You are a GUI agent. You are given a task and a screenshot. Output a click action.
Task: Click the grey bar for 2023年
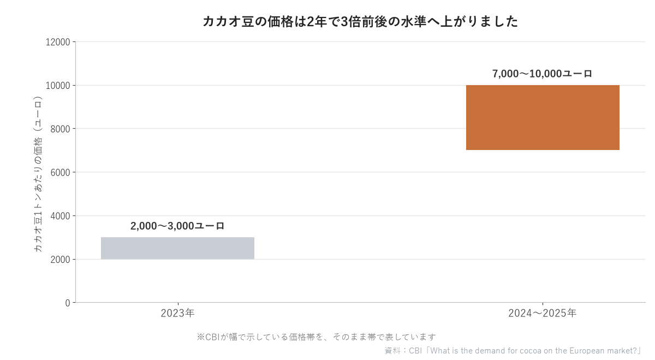coord(178,248)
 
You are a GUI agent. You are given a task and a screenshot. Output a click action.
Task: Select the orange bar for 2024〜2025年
coord(543,117)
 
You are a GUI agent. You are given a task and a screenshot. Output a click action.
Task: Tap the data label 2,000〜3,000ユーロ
coord(177,226)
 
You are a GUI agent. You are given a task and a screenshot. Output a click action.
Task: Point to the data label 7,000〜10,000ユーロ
coord(543,74)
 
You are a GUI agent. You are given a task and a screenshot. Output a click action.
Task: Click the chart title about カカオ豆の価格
coord(360,22)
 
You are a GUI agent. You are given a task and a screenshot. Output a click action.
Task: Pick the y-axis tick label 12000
coord(58,42)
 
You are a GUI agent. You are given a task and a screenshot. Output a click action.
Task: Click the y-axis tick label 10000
coord(58,86)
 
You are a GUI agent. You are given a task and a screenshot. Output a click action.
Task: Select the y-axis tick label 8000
coord(60,129)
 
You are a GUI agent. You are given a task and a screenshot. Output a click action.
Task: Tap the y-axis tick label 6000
coord(60,172)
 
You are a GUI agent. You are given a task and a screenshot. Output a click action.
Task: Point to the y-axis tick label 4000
coord(60,216)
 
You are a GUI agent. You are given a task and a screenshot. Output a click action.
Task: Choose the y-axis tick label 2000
coord(60,260)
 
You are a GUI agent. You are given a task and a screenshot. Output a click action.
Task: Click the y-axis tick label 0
coord(68,303)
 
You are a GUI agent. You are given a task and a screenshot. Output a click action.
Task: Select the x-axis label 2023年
coord(177,313)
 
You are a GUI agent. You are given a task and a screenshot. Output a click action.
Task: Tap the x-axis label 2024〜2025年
coord(543,313)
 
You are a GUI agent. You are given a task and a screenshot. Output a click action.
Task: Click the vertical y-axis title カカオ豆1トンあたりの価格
coord(38,174)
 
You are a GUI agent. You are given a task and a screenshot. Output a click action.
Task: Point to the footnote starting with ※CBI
coord(316,337)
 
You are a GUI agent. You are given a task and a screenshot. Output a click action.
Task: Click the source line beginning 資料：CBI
coord(514,350)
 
